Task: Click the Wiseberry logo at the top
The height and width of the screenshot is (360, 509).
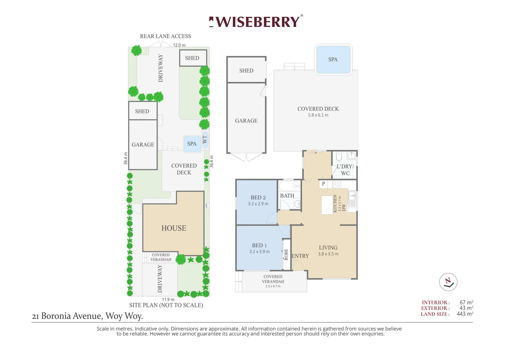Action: tap(256, 21)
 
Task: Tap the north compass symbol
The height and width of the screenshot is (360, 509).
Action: tap(448, 282)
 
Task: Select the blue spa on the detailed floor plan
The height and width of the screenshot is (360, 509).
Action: tap(333, 60)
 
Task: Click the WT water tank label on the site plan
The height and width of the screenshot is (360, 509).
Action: tap(205, 140)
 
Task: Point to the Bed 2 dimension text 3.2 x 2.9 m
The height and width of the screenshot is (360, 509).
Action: tap(258, 204)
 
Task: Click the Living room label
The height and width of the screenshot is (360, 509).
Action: tap(328, 247)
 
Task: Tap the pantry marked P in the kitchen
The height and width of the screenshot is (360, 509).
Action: tap(323, 184)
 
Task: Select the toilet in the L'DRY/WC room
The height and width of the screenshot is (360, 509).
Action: tap(339, 156)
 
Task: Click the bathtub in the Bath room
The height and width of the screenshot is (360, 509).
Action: tap(289, 186)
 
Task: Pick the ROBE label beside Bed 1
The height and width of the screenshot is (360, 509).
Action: tap(286, 254)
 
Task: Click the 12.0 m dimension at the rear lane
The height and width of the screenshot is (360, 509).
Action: tap(179, 45)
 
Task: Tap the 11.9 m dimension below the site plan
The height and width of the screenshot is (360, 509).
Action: tap(168, 300)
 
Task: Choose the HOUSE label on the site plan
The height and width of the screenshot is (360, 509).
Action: tap(174, 228)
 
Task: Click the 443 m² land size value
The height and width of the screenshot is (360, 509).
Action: tap(465, 314)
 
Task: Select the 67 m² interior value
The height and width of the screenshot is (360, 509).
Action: tap(466, 302)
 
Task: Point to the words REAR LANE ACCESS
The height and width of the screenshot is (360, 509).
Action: tap(166, 36)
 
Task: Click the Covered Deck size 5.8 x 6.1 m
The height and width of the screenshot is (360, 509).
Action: tap(318, 115)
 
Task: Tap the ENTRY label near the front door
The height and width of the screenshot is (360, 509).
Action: tap(300, 256)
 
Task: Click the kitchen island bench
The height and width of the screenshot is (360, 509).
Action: tap(327, 205)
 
